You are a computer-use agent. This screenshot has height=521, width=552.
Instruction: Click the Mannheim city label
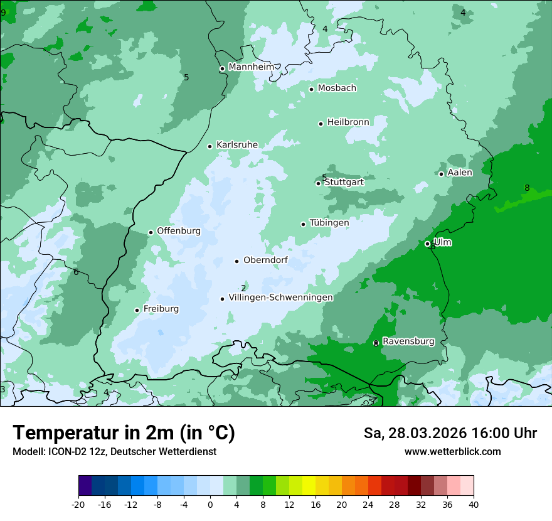click(x=252, y=67)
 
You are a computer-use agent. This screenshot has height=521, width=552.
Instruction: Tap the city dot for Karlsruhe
click(x=210, y=146)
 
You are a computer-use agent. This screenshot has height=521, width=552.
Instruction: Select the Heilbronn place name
click(x=348, y=122)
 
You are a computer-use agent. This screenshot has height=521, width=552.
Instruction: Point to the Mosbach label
click(x=337, y=89)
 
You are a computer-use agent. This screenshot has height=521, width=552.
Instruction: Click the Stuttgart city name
click(x=344, y=182)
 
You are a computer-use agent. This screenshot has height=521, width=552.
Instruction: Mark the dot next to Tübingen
click(x=304, y=224)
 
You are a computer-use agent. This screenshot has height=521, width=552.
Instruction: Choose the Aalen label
click(x=460, y=173)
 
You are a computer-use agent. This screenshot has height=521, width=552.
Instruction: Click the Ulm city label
click(x=443, y=242)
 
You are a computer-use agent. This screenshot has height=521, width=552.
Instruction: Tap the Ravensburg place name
click(x=408, y=341)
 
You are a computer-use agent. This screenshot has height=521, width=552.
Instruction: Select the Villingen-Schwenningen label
click(x=280, y=298)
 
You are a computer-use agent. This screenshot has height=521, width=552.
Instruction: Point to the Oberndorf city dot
click(x=237, y=261)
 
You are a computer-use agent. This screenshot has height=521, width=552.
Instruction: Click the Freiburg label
click(x=161, y=309)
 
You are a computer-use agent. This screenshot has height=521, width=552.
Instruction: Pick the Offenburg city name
click(x=179, y=231)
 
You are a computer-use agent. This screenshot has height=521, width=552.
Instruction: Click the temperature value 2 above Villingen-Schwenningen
click(x=243, y=288)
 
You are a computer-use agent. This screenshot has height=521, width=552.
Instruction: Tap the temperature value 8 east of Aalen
click(x=527, y=188)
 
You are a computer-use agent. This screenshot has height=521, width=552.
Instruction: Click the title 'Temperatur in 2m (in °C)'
click(x=124, y=432)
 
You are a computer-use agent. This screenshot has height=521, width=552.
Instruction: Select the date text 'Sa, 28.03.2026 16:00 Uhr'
click(x=450, y=433)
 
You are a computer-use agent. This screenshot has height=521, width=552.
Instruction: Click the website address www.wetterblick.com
click(x=452, y=451)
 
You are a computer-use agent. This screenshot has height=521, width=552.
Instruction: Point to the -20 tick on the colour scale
click(x=78, y=504)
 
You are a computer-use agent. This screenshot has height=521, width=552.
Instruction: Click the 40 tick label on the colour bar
click(x=474, y=504)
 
